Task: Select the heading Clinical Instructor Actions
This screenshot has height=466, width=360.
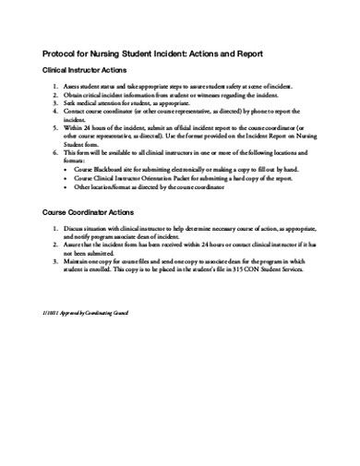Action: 90,70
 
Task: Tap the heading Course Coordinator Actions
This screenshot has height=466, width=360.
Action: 91,212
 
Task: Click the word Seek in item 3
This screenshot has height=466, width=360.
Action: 72,102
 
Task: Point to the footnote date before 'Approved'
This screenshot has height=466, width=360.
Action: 51,315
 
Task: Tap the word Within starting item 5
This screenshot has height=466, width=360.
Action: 75,126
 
